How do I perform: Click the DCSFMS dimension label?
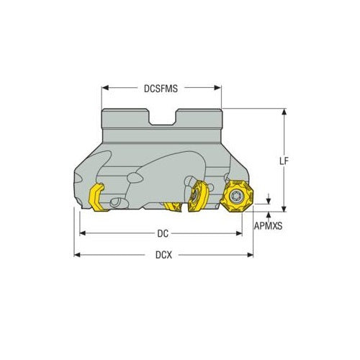click(x=161, y=88)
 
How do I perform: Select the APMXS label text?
click(x=269, y=225)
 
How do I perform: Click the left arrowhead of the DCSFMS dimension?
click(x=104, y=88)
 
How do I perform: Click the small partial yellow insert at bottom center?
click(x=173, y=209)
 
